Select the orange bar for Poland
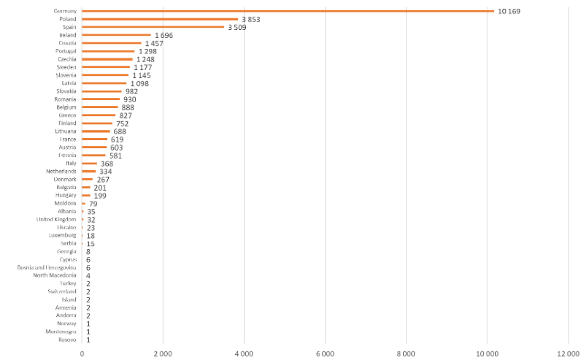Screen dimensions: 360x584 160,19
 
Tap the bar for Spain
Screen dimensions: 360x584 153,27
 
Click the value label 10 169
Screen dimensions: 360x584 509,11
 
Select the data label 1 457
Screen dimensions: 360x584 155,43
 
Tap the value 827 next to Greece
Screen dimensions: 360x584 126,115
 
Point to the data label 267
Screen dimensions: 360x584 103,180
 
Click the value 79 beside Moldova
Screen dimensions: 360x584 93,204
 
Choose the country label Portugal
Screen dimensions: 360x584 66,51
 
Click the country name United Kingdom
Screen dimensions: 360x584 56,219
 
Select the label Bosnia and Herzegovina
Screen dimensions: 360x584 47,268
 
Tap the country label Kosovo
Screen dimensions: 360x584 67,340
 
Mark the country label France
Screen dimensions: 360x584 68,139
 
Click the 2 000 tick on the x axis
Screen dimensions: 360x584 163,353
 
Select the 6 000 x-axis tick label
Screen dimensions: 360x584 325,353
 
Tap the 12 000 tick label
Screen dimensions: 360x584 567,353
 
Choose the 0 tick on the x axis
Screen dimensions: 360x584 82,353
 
